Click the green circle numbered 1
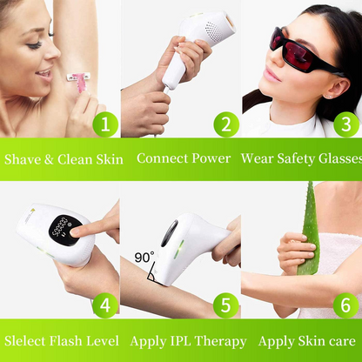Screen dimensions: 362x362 coord(104,124)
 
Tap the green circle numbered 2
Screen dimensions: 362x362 coord(225,124)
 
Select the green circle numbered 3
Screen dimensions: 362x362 coord(345,124)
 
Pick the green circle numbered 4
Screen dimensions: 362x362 coord(104,305)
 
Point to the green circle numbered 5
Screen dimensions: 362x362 coord(225,305)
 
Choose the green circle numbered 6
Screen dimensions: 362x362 coord(345,305)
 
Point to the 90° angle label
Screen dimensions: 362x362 coord(144,258)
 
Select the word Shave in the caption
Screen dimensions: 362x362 coord(23,159)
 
